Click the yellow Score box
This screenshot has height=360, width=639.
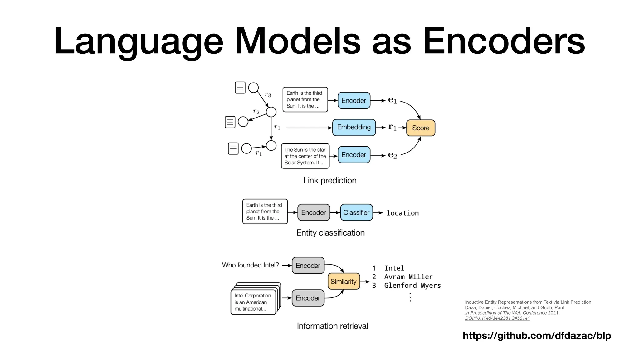coord(421,128)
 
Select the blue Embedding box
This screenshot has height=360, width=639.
coord(354,127)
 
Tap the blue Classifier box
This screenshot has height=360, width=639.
coord(356,212)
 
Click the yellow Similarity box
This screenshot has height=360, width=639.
coord(344,282)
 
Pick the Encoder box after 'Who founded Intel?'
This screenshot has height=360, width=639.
coord(308,266)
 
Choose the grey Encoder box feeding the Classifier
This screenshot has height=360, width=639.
coord(314,212)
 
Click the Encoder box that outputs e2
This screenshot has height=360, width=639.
coord(354,155)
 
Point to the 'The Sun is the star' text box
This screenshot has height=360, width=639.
coord(305,156)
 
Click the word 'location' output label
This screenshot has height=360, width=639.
coord(402,213)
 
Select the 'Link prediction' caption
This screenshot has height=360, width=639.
coord(330,180)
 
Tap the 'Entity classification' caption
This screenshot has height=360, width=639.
coord(330,233)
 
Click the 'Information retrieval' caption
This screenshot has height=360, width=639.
coord(332,326)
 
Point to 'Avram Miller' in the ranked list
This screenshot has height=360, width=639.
coord(408,277)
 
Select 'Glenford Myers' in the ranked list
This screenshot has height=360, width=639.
coord(412,286)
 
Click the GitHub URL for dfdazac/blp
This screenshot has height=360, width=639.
coord(537,336)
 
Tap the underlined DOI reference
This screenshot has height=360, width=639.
coord(497,318)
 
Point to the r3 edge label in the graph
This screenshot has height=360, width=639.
coord(268,94)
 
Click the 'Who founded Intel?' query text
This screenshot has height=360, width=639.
coord(250,265)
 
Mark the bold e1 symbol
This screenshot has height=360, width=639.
coord(392,100)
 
